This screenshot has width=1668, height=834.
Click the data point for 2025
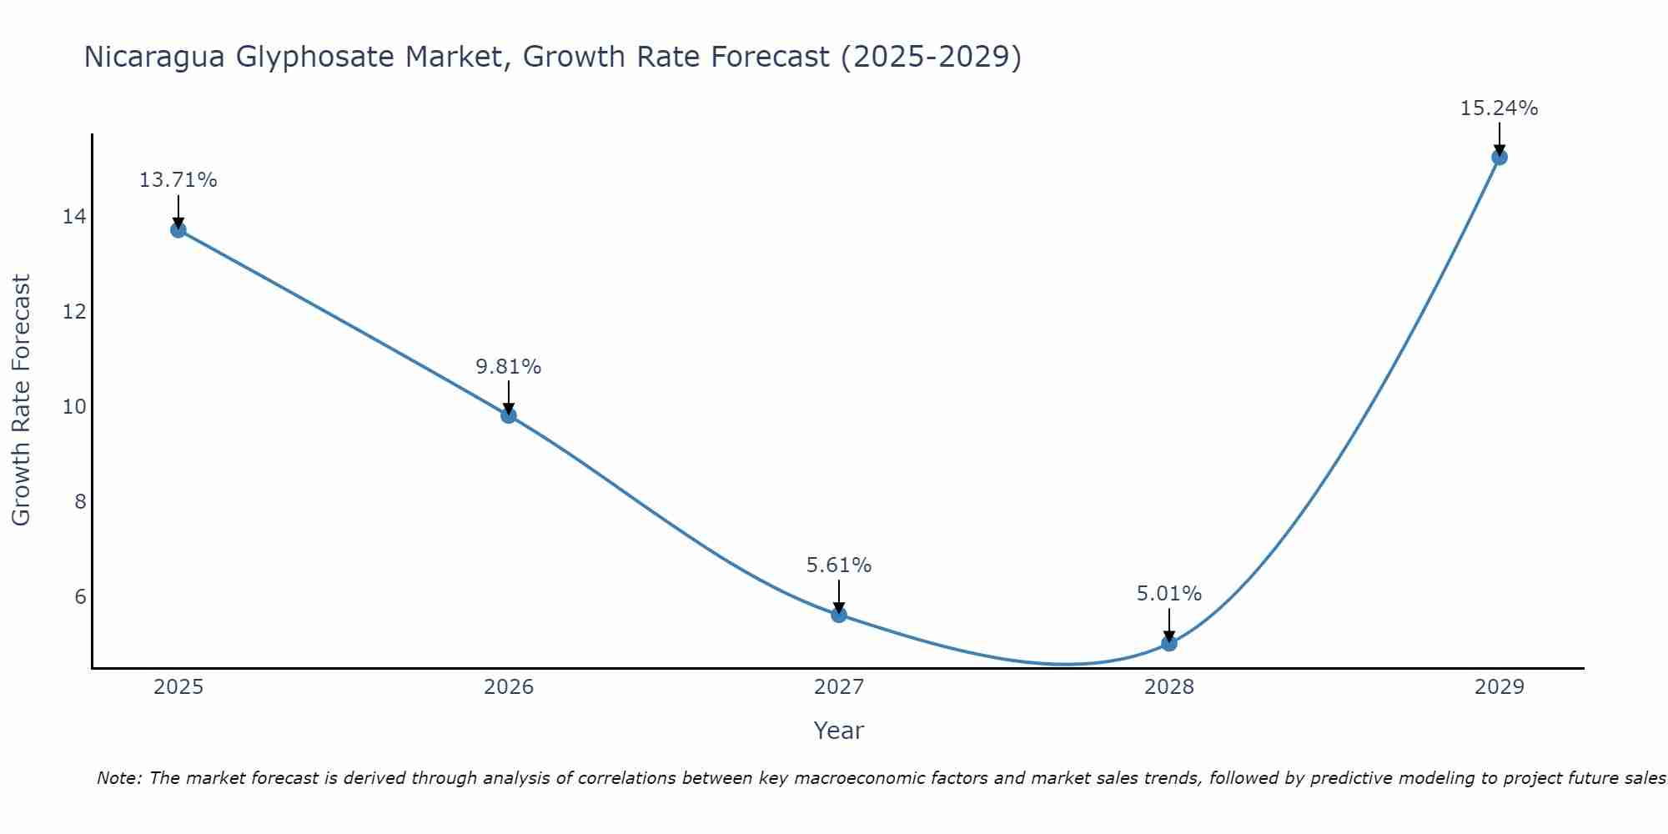tap(178, 229)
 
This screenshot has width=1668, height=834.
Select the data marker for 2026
tap(509, 415)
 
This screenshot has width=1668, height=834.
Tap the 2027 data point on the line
tap(839, 615)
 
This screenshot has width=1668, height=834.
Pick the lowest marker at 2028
tap(1169, 643)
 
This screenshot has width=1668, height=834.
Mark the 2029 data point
tap(1500, 157)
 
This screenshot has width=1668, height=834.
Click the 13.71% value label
tap(178, 180)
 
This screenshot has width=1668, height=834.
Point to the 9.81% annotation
tap(509, 367)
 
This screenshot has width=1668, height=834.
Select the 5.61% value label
tap(839, 565)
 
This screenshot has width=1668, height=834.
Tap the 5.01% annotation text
tap(1169, 594)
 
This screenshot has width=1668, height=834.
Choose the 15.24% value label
tap(1500, 108)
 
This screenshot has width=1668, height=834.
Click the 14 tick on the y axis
tap(74, 217)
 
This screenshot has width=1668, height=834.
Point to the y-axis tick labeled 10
tap(74, 407)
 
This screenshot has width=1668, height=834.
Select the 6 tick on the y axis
tap(80, 597)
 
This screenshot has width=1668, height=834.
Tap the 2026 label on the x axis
tap(509, 687)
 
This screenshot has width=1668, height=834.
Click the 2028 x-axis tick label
tap(1169, 687)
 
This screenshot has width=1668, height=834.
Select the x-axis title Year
tap(839, 731)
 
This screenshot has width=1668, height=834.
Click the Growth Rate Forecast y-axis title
tap(22, 400)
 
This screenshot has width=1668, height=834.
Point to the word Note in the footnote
tap(120, 778)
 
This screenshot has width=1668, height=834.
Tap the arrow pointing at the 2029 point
tap(1500, 138)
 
